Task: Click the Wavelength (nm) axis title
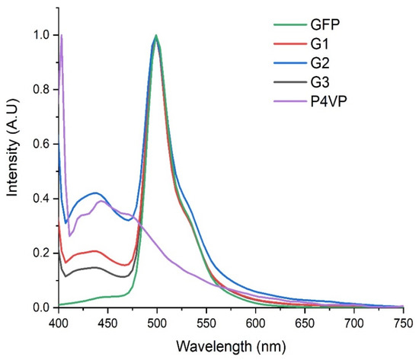(x=231, y=346)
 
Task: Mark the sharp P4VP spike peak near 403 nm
(x=62, y=36)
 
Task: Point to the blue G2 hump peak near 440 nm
(x=97, y=193)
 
